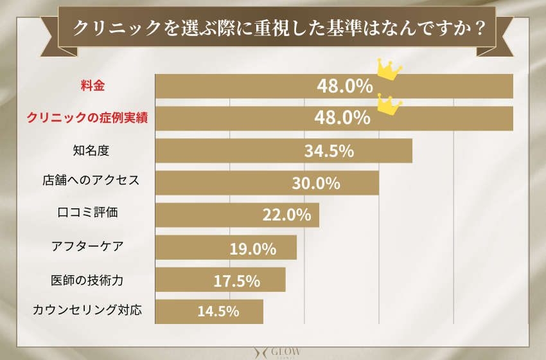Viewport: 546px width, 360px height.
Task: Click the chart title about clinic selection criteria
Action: [277, 28]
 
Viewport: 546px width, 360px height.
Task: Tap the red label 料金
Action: [92, 85]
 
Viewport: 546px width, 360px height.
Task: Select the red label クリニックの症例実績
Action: [86, 118]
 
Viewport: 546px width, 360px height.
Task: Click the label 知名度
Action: [92, 150]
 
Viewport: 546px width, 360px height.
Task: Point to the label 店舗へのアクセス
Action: [86, 182]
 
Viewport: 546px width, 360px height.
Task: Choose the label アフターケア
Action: [87, 246]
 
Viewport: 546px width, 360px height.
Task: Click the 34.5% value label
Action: [329, 151]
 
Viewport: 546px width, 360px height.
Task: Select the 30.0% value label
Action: [315, 183]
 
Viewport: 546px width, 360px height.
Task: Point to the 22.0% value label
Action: [286, 215]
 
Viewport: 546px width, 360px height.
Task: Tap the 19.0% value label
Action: [253, 248]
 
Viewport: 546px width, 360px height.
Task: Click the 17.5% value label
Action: [236, 280]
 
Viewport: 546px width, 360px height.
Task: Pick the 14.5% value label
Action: [218, 312]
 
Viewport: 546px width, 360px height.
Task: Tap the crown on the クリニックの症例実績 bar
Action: [387, 104]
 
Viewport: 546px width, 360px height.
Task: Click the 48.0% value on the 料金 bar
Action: [344, 86]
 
